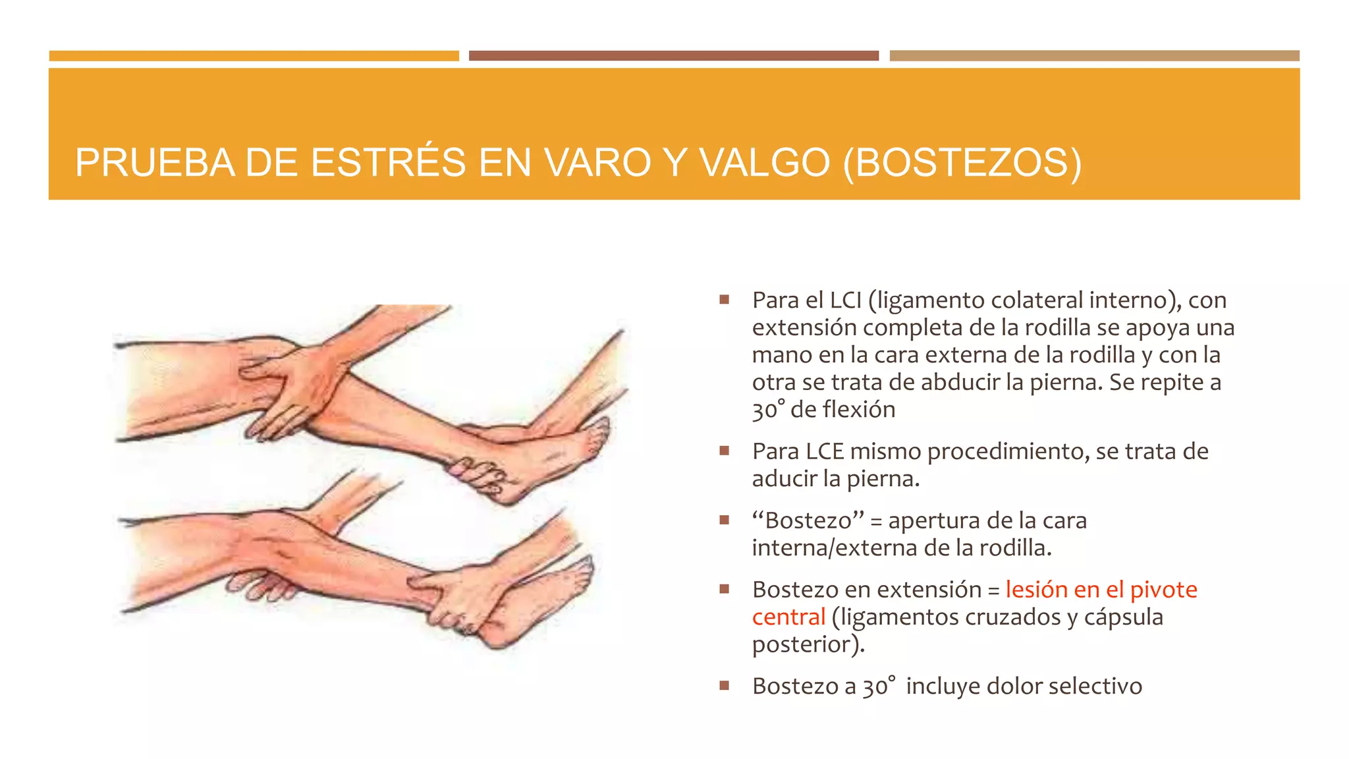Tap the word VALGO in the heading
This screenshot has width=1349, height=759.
click(764, 162)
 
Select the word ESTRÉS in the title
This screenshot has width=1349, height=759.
click(388, 162)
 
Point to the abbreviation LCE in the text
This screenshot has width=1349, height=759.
click(825, 451)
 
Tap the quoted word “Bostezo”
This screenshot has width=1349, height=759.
click(808, 520)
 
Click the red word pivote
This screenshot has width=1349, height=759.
click(1163, 590)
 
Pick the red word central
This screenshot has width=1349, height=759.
click(788, 617)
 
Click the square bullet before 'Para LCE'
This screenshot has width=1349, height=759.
click(725, 451)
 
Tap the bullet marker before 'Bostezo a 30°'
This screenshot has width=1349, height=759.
click(725, 686)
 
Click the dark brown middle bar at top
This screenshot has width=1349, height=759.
click(673, 56)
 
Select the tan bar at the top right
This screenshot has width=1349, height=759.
click(1094, 56)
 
